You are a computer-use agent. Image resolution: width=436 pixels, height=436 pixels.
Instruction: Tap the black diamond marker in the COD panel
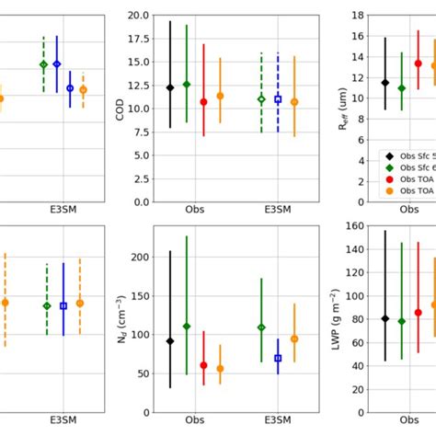170,87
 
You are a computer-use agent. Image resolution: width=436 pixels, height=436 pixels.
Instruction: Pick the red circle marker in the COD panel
203,102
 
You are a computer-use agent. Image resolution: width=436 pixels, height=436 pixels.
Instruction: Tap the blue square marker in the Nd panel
278,358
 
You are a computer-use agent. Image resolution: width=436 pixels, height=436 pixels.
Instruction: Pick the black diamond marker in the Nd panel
170,341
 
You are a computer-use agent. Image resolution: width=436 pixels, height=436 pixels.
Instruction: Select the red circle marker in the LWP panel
418,313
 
